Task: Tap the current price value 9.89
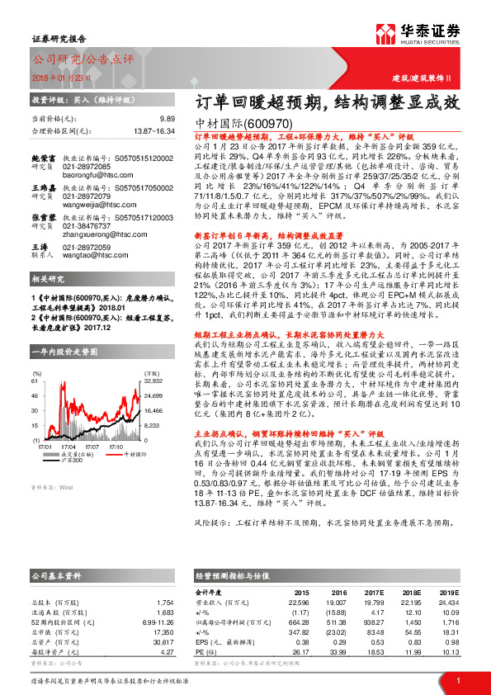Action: (168, 119)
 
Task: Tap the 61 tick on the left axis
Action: (35, 358)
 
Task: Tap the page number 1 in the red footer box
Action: (457, 680)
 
